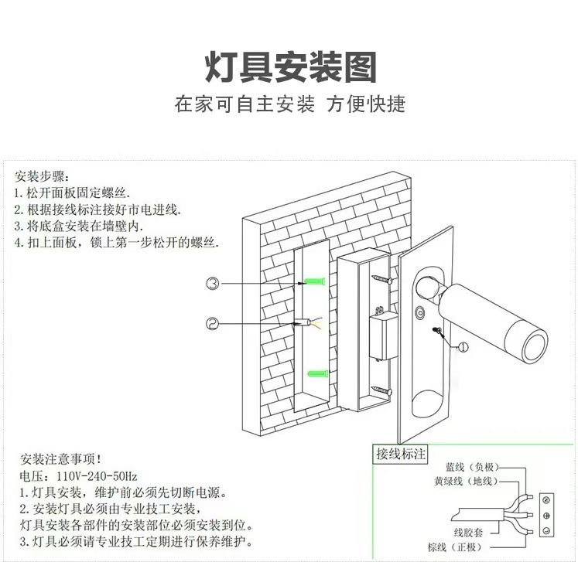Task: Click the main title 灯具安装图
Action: [290, 67]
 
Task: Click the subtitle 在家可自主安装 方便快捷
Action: [290, 104]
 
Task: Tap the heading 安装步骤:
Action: [46, 175]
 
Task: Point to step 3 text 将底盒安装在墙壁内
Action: [80, 226]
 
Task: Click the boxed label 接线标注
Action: [400, 455]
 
